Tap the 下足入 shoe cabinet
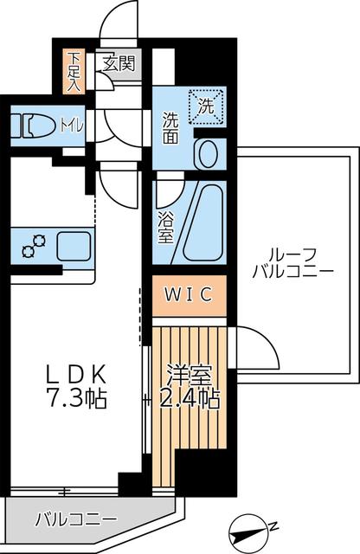pos(74,71)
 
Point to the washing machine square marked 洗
pos(206,106)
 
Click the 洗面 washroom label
pos(170,127)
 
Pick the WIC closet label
pos(189,295)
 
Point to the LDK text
pos(76,375)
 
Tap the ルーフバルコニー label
pos(292,261)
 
